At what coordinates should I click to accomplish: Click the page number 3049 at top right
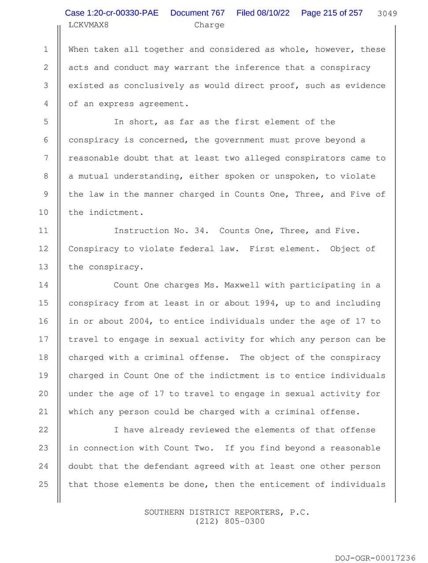[x=387, y=14]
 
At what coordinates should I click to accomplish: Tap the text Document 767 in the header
[x=197, y=13]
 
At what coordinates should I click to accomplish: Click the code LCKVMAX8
[x=89, y=25]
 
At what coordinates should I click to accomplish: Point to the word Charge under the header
[x=209, y=25]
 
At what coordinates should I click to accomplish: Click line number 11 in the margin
[x=43, y=230]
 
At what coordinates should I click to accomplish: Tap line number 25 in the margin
[x=43, y=484]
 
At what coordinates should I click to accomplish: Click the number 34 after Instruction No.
[x=199, y=230]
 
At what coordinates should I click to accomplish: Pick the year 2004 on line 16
[x=139, y=321]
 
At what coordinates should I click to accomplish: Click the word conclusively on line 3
[x=154, y=85]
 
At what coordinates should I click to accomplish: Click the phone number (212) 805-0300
[x=227, y=522]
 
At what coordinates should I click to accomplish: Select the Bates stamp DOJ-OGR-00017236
[x=375, y=558]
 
